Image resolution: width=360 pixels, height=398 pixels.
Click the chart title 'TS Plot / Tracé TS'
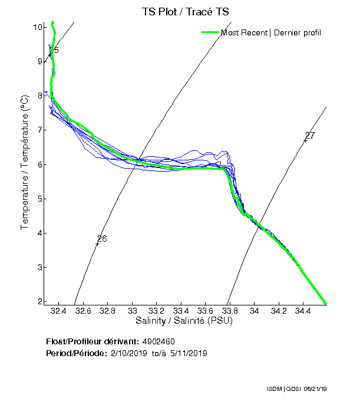pos(186,11)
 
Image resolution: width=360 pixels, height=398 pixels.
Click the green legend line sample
pos(210,32)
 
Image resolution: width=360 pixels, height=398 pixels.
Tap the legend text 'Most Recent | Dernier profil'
pos(271,32)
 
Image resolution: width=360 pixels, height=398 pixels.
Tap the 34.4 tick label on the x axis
pos(303,311)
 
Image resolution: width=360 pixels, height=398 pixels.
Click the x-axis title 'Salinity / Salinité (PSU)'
pos(184,321)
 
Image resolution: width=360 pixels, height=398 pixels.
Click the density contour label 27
pos(310,136)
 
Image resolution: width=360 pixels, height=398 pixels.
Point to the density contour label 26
pos(102,239)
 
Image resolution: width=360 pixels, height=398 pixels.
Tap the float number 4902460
pos(158,341)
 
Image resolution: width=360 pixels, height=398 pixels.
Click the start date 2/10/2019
pos(128,353)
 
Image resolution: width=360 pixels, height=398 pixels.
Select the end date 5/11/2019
pos(188,353)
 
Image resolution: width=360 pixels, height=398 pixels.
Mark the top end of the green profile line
pos(52,22)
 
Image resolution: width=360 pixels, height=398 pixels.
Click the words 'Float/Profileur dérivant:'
pos(92,341)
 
